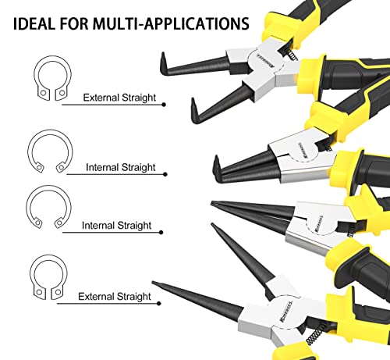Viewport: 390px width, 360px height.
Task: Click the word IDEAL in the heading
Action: coord(34,23)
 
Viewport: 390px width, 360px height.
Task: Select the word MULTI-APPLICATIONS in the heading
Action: coord(171,23)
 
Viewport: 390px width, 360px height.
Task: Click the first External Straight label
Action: coord(119,98)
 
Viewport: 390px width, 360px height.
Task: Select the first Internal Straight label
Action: coord(121,167)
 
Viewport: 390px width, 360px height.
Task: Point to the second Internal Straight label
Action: coord(116,226)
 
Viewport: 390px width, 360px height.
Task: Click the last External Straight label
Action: coord(115,297)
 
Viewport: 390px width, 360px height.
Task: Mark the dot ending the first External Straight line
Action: coord(164,105)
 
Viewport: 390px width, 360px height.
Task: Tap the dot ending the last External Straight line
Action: coord(159,304)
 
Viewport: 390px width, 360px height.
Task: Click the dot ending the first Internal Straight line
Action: coord(165,174)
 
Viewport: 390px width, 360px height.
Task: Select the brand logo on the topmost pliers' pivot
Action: coord(266,60)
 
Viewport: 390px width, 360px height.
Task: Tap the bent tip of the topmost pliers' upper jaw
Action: coord(163,63)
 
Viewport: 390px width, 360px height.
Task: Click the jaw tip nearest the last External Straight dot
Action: coord(154,283)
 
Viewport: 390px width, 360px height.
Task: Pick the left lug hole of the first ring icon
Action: coord(44,93)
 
